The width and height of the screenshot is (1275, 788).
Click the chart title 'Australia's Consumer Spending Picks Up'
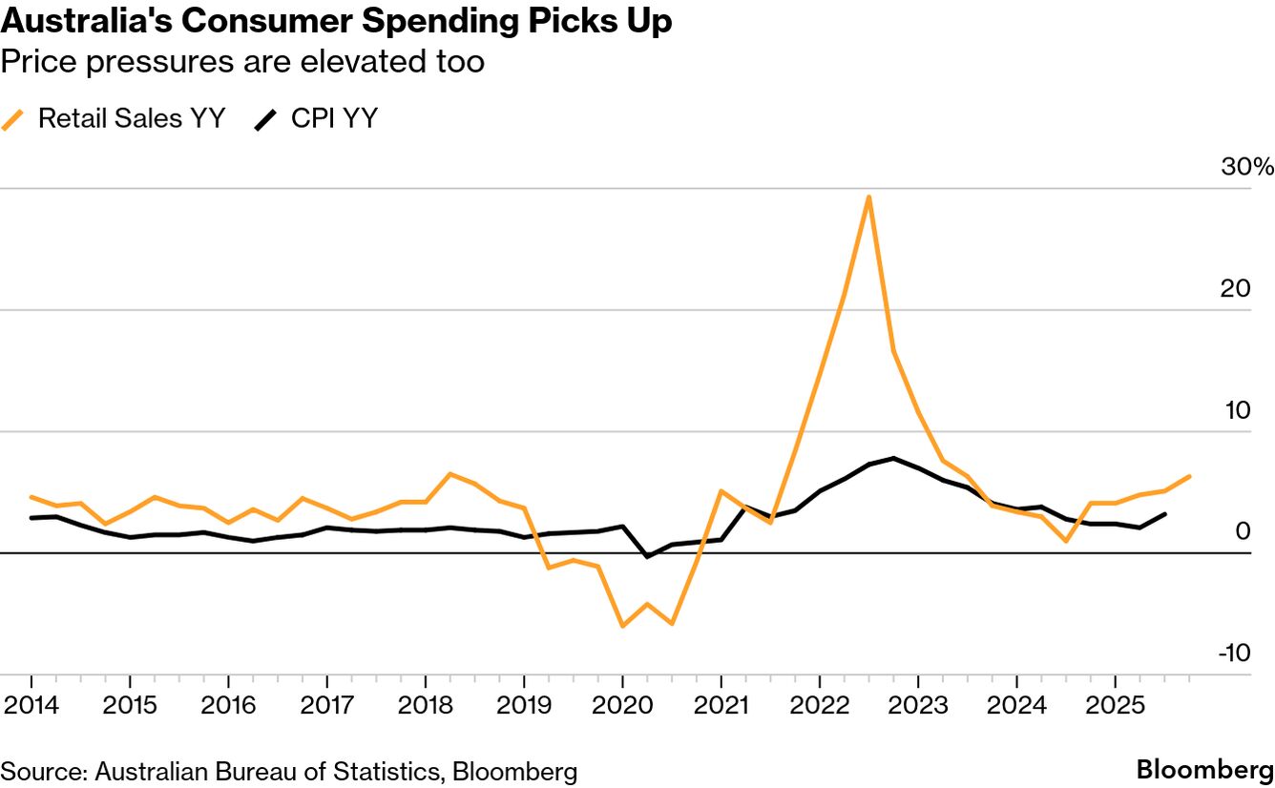tap(337, 22)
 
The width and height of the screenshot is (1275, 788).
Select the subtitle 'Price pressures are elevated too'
tap(242, 63)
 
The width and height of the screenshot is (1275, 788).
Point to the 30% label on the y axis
tap(1247, 167)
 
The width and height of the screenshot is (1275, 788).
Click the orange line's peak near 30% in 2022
tap(868, 197)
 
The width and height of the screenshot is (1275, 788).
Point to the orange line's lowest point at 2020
tap(622, 626)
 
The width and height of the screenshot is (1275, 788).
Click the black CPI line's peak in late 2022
tap(893, 459)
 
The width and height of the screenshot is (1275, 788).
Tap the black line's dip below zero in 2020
tap(647, 556)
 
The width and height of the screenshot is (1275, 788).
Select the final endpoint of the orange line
tap(1189, 476)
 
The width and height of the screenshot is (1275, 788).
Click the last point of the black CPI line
tap(1164, 514)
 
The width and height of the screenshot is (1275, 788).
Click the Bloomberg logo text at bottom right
tap(1204, 770)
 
